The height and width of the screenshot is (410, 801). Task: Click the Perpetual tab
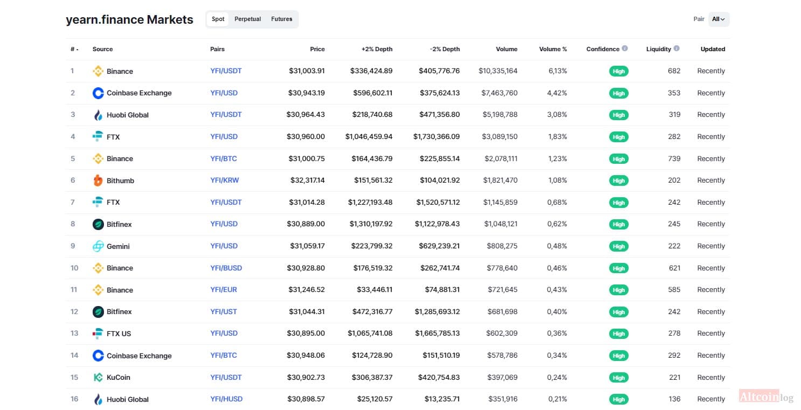(247, 19)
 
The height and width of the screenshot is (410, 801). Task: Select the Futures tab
(281, 19)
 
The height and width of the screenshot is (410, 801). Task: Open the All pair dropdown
(719, 19)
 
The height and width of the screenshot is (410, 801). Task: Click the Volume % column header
(553, 49)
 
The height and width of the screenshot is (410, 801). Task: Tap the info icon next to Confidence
(625, 48)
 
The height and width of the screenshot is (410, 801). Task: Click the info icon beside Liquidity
(677, 48)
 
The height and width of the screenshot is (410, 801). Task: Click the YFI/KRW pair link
(225, 180)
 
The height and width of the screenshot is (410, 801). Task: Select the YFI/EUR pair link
(224, 289)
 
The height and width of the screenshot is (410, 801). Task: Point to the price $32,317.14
(308, 180)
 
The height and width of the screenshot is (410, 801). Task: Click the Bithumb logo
(97, 180)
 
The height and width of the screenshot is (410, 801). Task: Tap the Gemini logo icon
(98, 246)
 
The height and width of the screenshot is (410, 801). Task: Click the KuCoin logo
(98, 378)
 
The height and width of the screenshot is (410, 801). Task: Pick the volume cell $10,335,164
(498, 71)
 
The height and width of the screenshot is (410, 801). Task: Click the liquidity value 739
(674, 158)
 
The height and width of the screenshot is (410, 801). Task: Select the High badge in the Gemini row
(618, 246)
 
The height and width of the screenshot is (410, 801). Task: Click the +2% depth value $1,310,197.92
(371, 224)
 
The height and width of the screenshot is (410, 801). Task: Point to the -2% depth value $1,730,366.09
(436, 137)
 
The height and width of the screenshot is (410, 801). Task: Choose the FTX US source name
(119, 333)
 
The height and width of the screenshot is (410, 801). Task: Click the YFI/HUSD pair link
(226, 399)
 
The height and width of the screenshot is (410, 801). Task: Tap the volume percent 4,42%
(557, 93)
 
